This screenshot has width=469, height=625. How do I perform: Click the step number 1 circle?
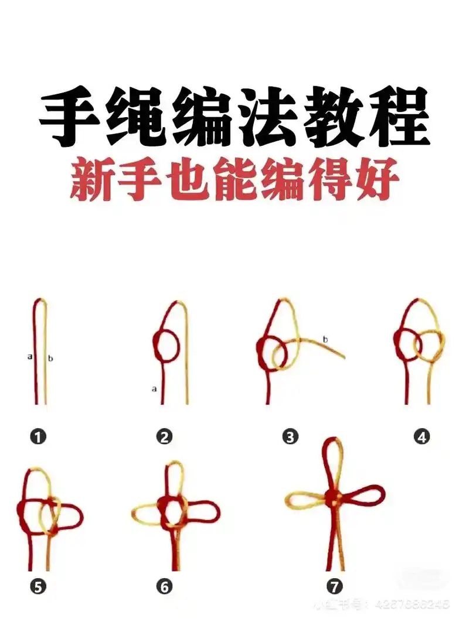[x=38, y=436]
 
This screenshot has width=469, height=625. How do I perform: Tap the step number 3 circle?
[x=290, y=436]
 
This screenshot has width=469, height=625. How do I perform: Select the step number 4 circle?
[x=422, y=436]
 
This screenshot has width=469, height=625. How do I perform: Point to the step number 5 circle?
[x=38, y=586]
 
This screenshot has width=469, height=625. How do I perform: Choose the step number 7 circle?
[x=334, y=586]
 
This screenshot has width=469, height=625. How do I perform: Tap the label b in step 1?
[x=50, y=358]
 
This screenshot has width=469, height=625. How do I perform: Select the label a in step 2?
[x=154, y=388]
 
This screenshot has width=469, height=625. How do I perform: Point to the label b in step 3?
[x=325, y=339]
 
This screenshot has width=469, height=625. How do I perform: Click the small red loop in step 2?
[x=167, y=346]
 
